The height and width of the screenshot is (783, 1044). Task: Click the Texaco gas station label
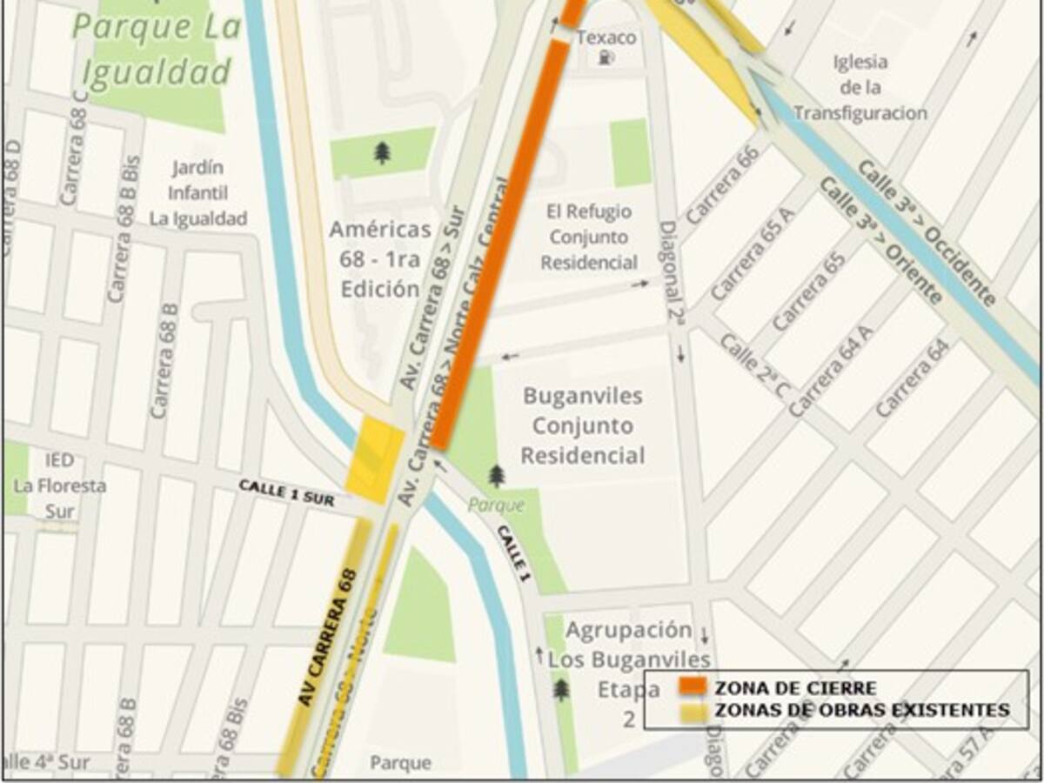tap(606, 38)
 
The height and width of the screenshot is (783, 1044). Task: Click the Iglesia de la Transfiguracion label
tap(860, 88)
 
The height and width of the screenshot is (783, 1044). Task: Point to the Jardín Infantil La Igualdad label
tap(198, 192)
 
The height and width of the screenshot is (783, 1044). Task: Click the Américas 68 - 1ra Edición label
tap(380, 259)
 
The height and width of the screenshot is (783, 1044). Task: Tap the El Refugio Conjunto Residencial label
tap(589, 237)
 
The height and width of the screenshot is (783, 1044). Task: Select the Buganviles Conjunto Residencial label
tap(583, 425)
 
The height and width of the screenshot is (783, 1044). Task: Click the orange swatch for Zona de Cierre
tap(693, 687)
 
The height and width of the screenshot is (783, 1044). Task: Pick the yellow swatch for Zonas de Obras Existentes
tap(693, 711)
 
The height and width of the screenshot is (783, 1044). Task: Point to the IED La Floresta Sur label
tap(60, 485)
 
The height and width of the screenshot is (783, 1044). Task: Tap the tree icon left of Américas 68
tap(382, 152)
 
